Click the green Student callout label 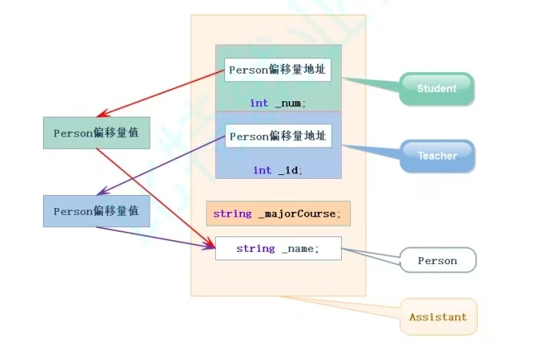pyautogui.click(x=436, y=88)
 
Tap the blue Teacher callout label pyautogui.click(x=437, y=156)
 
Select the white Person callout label pyautogui.click(x=437, y=261)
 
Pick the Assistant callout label pyautogui.click(x=438, y=317)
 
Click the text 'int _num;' pyautogui.click(x=278, y=103)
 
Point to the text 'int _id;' pyautogui.click(x=278, y=170)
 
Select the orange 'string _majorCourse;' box pyautogui.click(x=278, y=213)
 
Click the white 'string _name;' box pyautogui.click(x=278, y=249)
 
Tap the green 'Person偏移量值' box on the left pyautogui.click(x=96, y=133)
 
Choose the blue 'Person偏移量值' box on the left pyautogui.click(x=96, y=211)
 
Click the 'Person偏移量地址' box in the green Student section pyautogui.click(x=278, y=69)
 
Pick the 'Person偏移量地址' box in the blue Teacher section pyautogui.click(x=278, y=136)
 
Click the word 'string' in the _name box pyautogui.click(x=256, y=249)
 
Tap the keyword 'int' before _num pyautogui.click(x=260, y=103)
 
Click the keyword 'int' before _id pyautogui.click(x=263, y=170)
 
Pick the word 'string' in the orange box pyautogui.click(x=232, y=213)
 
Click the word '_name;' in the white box pyautogui.click(x=300, y=249)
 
